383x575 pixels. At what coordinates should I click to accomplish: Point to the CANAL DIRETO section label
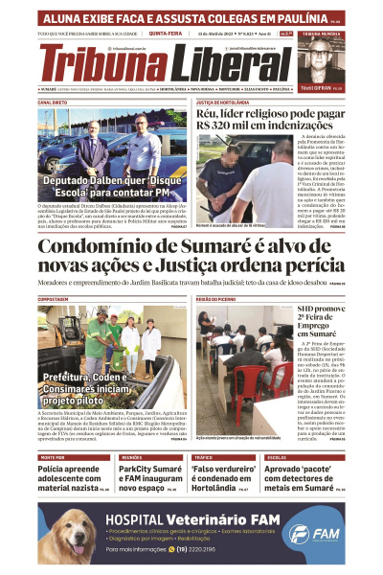tap(53, 101)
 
